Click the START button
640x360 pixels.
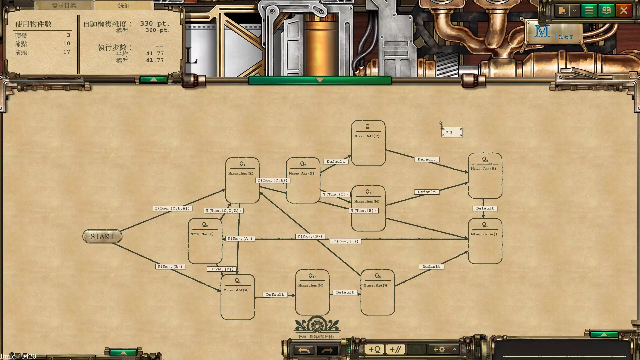[102, 236]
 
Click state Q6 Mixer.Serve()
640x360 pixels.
[485, 241]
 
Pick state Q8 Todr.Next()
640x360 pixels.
[205, 241]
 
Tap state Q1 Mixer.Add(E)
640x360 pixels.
[242, 180]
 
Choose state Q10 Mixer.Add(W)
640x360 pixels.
[312, 292]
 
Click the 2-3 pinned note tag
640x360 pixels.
[452, 133]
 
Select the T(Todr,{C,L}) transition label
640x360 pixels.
[273, 180]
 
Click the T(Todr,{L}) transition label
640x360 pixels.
[335, 194]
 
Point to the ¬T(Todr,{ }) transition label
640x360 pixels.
[345, 241]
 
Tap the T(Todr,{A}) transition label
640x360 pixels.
[240, 239]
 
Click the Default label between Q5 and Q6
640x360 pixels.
[485, 208]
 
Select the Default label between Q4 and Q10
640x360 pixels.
[275, 295]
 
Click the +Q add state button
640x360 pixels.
[374, 349]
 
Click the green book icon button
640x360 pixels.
[606, 11]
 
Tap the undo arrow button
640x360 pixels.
[304, 350]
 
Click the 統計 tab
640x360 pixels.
[124, 6]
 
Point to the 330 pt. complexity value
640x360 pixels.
[155, 24]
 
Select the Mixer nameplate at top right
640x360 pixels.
[554, 32]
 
